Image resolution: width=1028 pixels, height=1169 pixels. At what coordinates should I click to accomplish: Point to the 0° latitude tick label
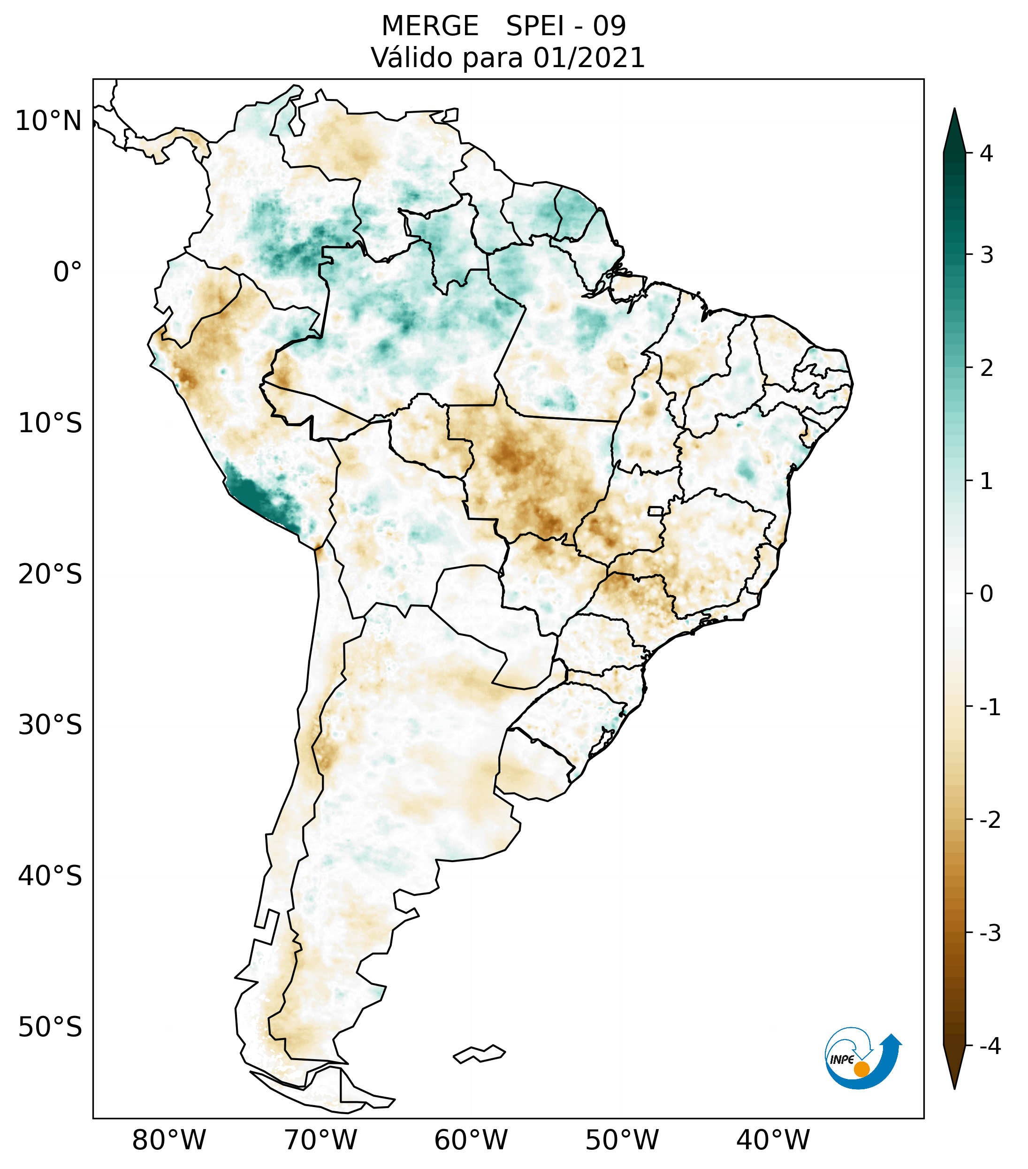click(68, 272)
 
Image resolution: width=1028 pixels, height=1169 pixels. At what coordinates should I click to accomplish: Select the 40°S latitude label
click(50, 876)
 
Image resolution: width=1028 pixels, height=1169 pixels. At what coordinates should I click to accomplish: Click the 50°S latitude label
click(50, 1027)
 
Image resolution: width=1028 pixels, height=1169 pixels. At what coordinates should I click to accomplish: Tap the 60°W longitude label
click(471, 1140)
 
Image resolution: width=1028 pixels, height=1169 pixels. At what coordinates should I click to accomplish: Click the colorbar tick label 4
click(986, 153)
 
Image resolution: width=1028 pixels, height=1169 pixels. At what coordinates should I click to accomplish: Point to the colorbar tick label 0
click(986, 594)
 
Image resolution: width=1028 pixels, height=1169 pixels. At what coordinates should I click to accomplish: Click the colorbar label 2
click(986, 368)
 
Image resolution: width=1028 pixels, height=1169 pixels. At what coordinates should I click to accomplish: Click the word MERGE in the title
click(430, 26)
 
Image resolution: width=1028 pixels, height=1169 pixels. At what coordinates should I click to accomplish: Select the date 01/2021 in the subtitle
click(589, 58)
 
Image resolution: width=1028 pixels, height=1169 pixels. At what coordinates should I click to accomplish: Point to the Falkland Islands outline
click(479, 1054)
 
